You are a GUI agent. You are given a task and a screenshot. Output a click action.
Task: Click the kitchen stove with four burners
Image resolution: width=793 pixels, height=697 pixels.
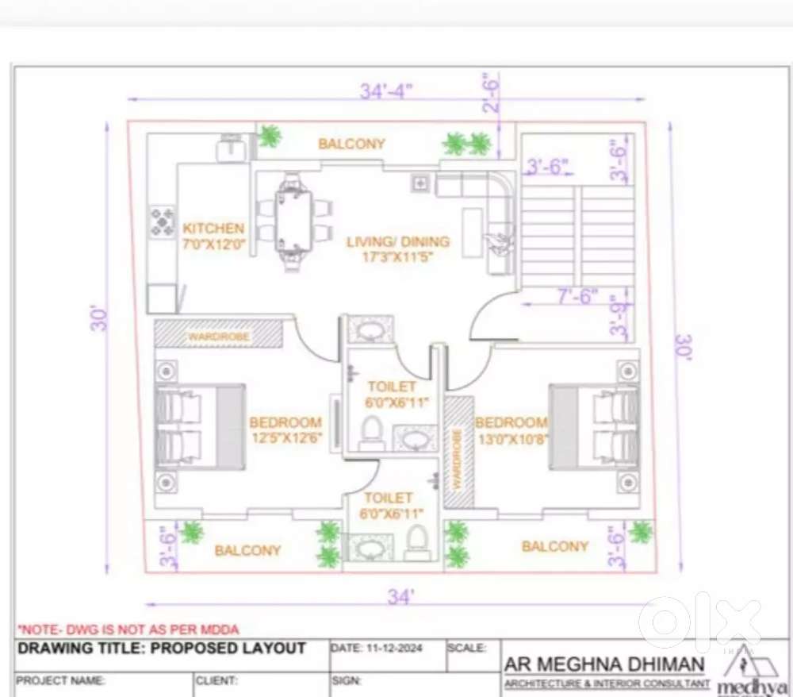tap(163, 221)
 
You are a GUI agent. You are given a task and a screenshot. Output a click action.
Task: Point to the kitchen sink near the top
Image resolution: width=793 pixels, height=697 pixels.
tap(232, 147)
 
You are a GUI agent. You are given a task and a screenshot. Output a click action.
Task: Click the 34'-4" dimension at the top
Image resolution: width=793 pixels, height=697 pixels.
tap(385, 91)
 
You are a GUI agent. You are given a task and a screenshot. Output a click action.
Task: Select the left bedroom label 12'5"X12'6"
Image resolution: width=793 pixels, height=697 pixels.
tap(285, 429)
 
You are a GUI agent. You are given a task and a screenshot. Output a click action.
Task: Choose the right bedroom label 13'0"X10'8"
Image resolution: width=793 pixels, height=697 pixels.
tap(511, 429)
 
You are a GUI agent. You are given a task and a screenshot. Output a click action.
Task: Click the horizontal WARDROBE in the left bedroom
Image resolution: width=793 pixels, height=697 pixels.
tap(219, 336)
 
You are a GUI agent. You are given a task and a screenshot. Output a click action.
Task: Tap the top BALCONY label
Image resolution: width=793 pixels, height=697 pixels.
tap(351, 144)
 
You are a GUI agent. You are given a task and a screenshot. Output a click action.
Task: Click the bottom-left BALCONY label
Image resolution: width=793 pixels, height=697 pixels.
tap(247, 550)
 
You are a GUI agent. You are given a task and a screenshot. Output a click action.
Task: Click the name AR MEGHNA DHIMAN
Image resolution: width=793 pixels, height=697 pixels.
tap(603, 664)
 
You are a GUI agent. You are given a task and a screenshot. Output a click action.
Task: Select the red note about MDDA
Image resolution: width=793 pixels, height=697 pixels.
tap(128, 629)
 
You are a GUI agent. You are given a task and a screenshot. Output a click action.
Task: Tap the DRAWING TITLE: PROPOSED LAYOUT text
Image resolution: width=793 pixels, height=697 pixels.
tap(162, 648)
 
